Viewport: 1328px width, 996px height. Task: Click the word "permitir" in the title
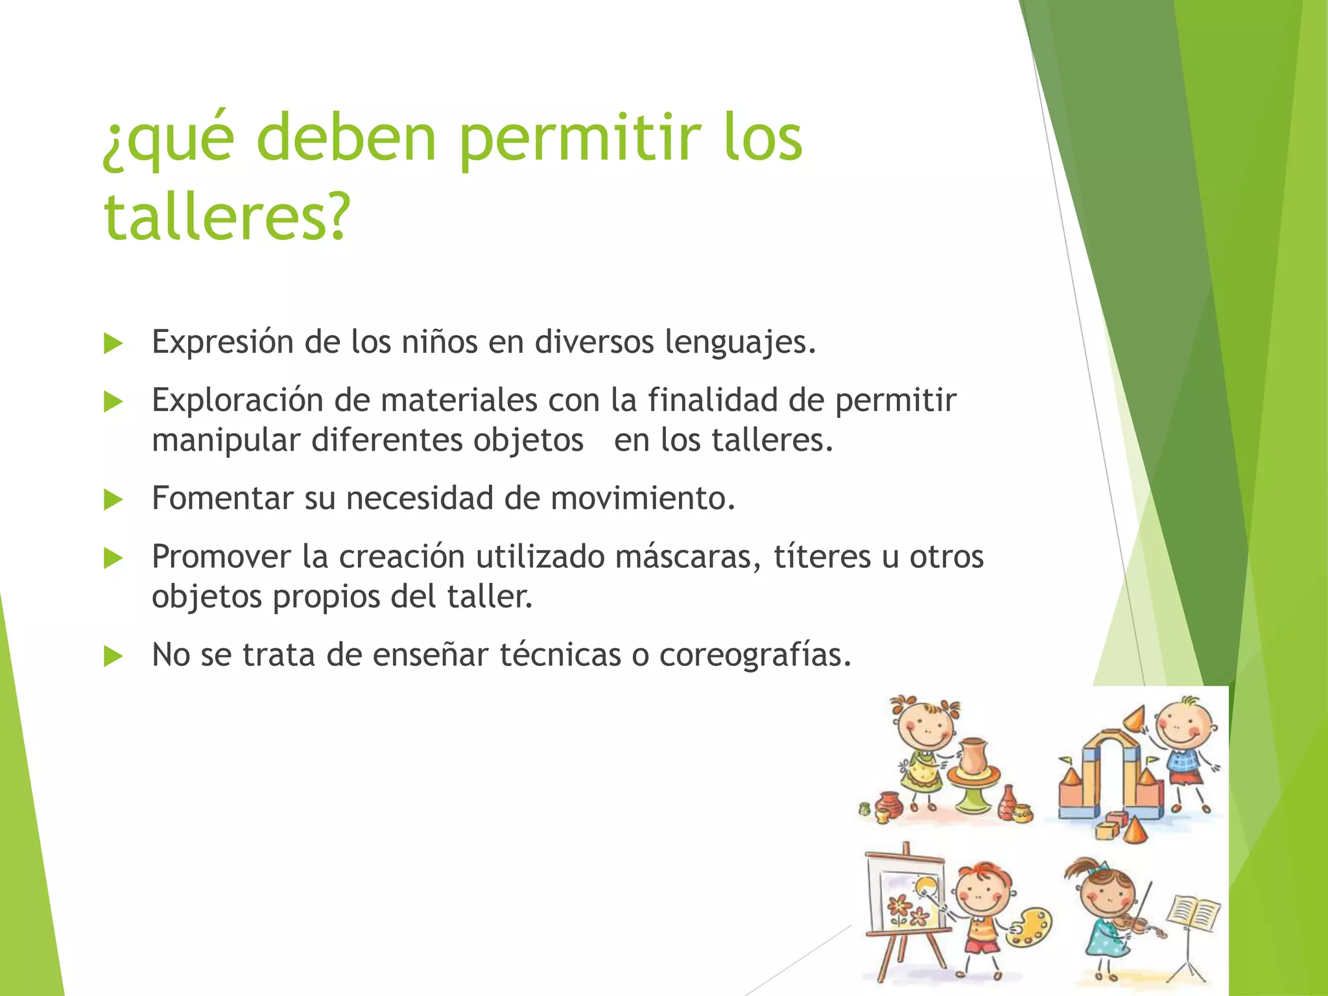click(x=580, y=139)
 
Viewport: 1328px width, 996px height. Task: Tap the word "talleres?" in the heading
click(x=227, y=217)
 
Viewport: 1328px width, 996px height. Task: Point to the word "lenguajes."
click(x=740, y=342)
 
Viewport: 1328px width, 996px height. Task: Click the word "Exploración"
click(x=237, y=400)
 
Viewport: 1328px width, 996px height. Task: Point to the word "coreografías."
click(x=755, y=655)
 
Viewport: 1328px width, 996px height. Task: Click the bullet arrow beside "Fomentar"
click(x=113, y=500)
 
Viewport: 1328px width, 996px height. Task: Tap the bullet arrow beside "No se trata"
click(x=113, y=657)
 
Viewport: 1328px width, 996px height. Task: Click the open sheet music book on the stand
click(x=1194, y=914)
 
